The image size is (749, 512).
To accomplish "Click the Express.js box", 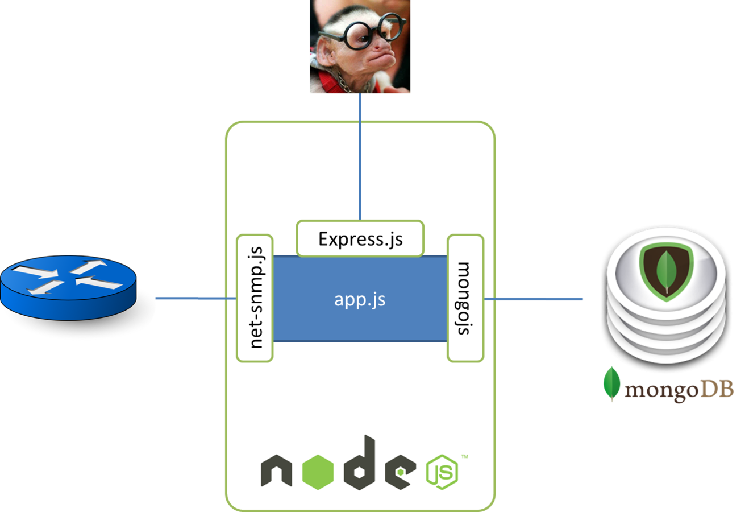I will coord(360,239).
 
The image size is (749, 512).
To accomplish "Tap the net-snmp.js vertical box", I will coord(255,298).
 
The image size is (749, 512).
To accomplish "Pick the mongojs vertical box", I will coord(465,298).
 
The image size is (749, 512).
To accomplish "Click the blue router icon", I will coord(69,288).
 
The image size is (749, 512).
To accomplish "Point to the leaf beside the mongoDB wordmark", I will coord(612,384).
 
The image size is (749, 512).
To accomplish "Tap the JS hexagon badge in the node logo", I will coord(442,472).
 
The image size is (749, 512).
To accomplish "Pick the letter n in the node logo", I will coord(276,471).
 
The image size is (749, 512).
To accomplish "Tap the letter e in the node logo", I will coord(400,471).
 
